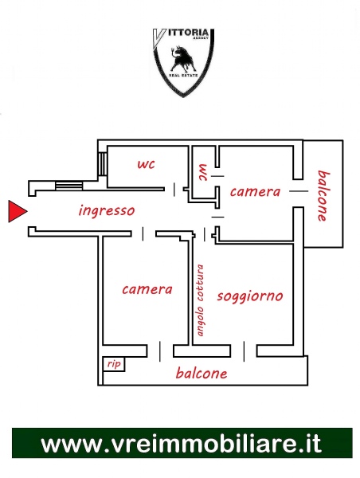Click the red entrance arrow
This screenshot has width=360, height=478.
coord(17,211)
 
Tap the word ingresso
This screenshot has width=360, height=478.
coord(107,210)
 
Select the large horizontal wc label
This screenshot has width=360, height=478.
coord(147,164)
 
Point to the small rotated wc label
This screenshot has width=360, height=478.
coord(202,173)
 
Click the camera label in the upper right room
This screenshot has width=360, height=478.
coord(255,192)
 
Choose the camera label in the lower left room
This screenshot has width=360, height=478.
coord(147,289)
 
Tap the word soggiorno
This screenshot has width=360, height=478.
coord(250,296)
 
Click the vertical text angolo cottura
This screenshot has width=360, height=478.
coord(200,300)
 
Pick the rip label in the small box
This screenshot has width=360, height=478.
coord(114,364)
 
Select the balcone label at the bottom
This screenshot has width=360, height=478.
coord(202,373)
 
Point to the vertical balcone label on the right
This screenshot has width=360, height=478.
coord(323,196)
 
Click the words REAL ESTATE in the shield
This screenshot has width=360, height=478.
coord(183,75)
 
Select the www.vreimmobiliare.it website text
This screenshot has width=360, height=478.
coord(182,444)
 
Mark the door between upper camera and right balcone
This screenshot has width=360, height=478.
coord(299,191)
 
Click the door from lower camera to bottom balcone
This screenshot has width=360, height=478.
coord(160,351)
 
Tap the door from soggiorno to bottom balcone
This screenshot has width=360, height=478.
coord(244,351)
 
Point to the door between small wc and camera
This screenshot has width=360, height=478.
coord(217,176)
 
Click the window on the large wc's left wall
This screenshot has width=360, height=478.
coord(104,164)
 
